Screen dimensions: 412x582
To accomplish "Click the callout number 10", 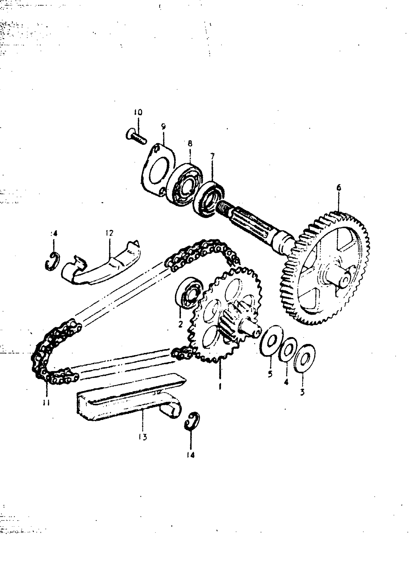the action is pos(138,112).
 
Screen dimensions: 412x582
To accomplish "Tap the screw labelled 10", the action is pos(136,137).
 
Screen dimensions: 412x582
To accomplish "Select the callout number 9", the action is pos(163,126).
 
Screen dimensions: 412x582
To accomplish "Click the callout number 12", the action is pos(109,233).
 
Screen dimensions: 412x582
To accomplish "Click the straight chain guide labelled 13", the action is pos(127,403).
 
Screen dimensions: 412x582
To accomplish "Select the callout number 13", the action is pos(143,437).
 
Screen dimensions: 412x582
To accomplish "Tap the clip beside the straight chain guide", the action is pos(192,421).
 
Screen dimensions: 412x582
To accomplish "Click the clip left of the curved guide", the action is pos(53,261).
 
